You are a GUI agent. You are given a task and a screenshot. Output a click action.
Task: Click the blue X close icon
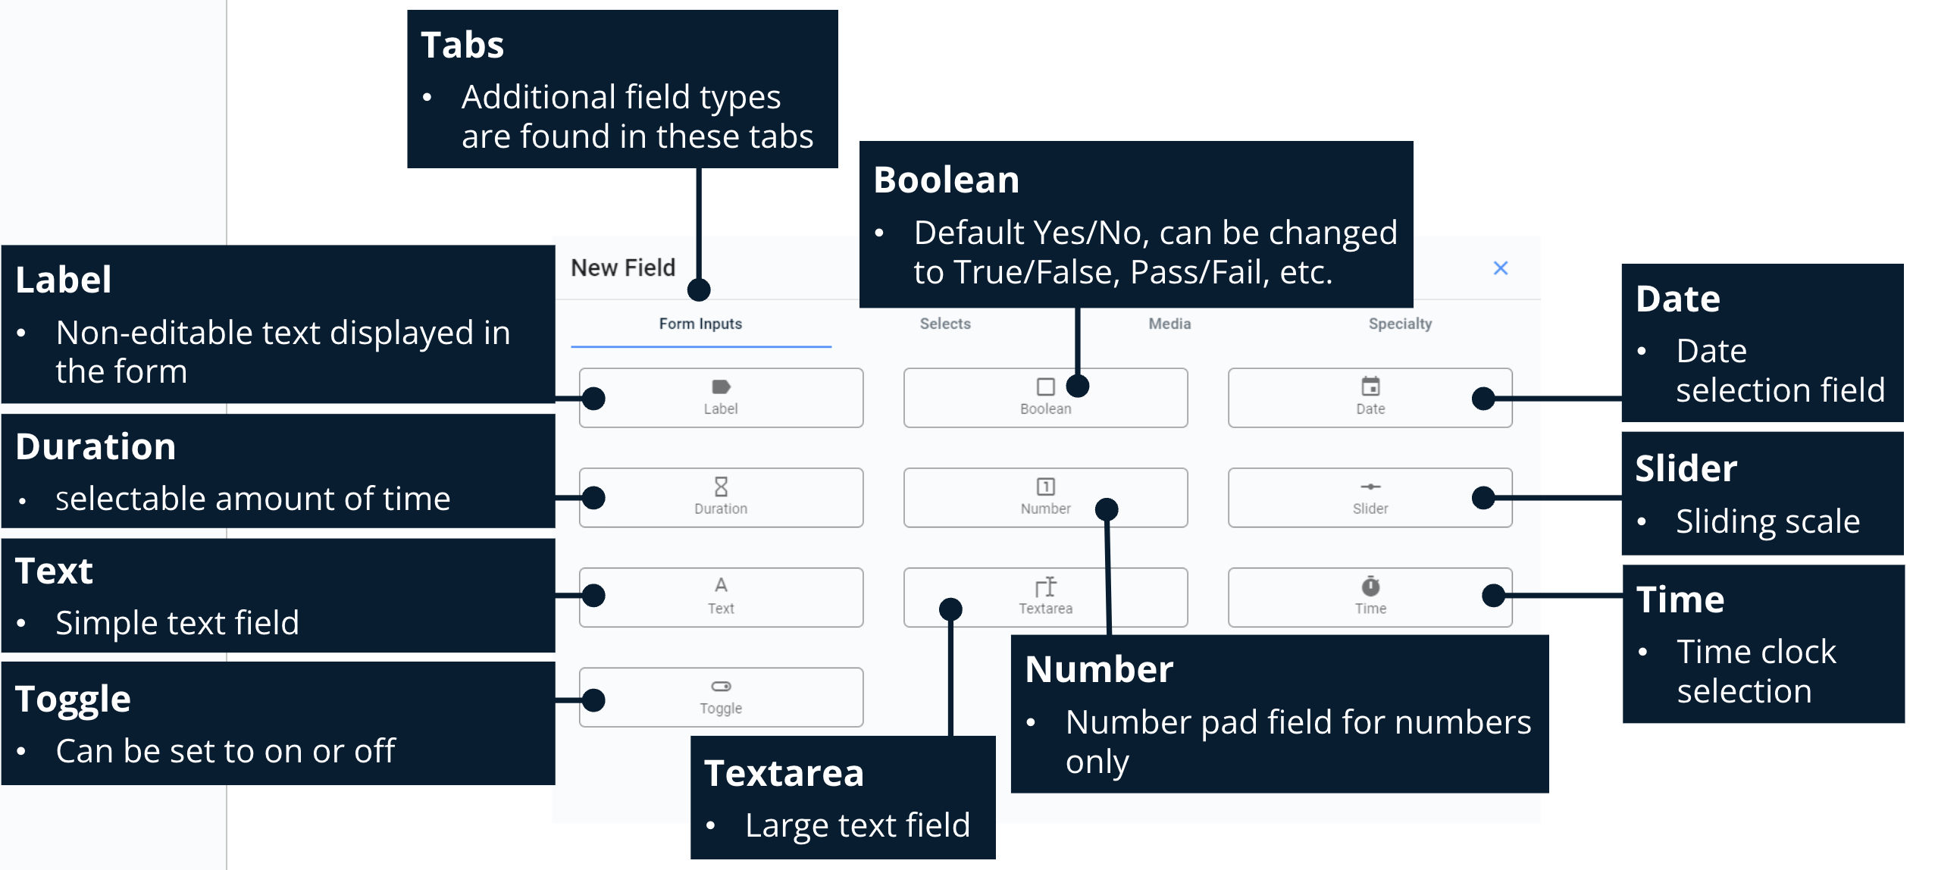coord(1500,268)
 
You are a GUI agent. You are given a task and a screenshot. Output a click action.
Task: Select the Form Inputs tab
coord(700,324)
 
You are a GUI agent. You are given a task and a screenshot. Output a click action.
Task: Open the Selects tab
coord(945,324)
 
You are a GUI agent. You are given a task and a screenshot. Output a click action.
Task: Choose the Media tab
coord(1169,324)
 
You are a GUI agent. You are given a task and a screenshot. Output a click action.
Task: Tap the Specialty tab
coord(1400,324)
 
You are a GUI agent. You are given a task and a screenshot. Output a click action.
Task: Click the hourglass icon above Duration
coord(721,487)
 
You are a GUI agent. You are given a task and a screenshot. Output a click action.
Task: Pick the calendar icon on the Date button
coord(1370,386)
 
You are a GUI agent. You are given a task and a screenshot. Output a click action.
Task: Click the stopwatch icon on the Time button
coord(1370,587)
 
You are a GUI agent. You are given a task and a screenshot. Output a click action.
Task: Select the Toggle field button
coord(721,697)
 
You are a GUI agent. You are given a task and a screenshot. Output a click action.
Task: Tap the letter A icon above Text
coord(721,585)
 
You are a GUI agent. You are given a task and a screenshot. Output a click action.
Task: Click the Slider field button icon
coord(1370,487)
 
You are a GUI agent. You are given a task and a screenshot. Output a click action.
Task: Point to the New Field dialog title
coord(623,268)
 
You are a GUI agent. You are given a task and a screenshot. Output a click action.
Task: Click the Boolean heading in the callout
coord(946,180)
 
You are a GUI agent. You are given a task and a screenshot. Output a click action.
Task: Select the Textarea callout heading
coord(784,774)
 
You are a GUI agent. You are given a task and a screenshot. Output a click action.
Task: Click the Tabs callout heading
coord(462,45)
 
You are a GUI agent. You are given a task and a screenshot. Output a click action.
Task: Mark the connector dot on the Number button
coord(1107,509)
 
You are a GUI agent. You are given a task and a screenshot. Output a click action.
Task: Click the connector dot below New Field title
coord(699,289)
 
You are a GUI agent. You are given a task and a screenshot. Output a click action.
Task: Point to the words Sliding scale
coord(1767,521)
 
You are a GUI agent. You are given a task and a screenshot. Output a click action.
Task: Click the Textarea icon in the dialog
coord(1045,587)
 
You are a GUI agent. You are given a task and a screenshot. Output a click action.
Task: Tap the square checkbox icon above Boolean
coord(1045,386)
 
